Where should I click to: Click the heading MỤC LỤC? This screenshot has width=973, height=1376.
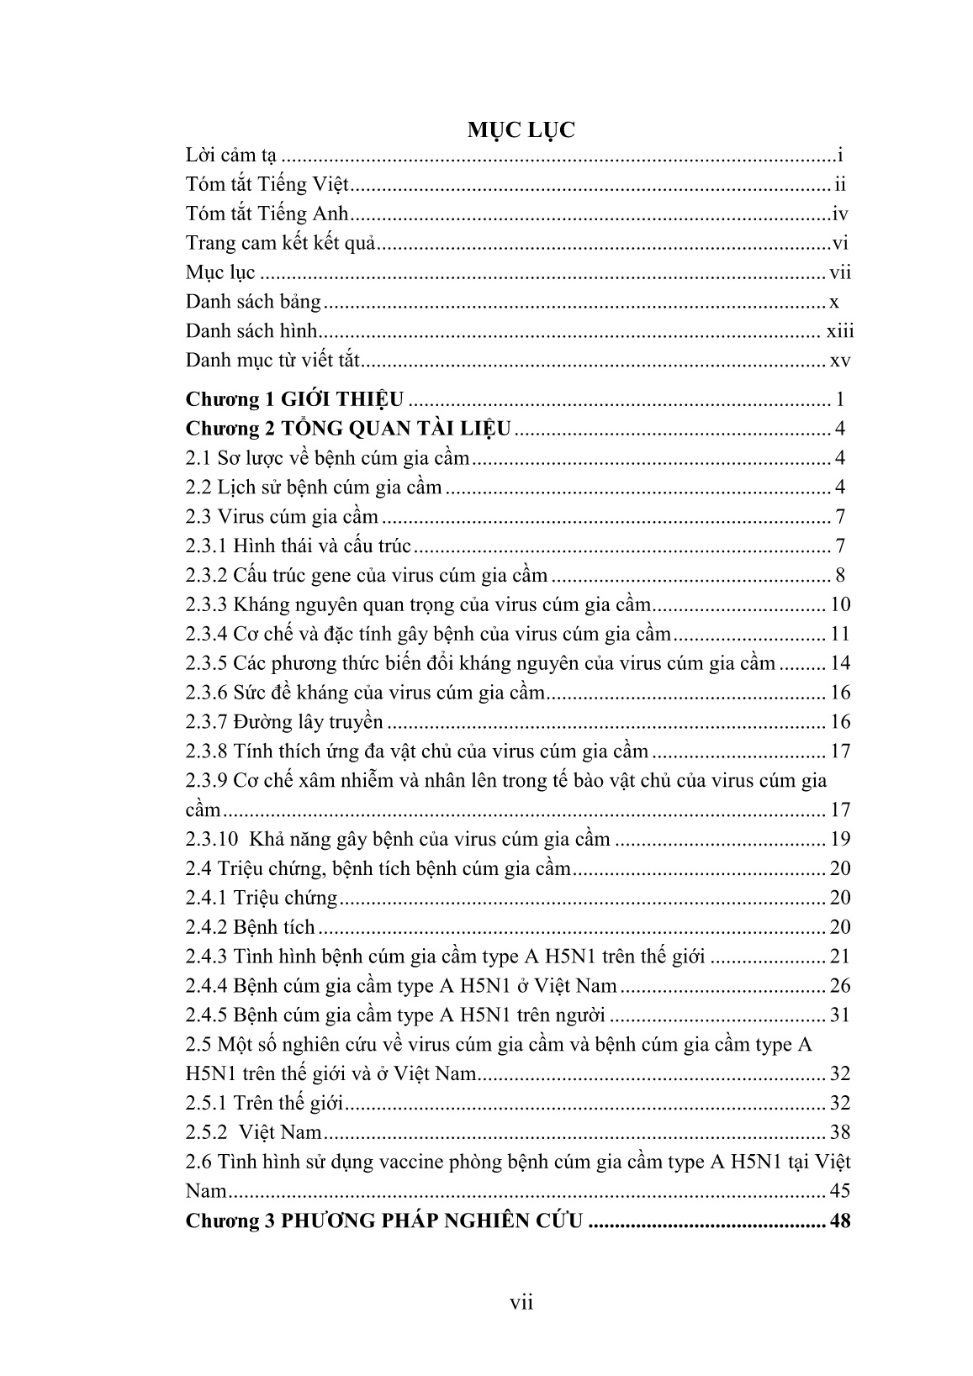pyautogui.click(x=521, y=129)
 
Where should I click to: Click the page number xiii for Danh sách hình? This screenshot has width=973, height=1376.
pyautogui.click(x=839, y=331)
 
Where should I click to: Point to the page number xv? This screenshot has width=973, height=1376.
pyautogui.click(x=840, y=361)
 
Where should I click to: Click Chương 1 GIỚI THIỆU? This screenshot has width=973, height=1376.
pyautogui.click(x=294, y=399)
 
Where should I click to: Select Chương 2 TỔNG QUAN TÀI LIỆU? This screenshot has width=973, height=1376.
pyautogui.click(x=347, y=429)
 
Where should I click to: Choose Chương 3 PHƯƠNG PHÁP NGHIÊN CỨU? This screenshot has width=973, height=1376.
pyautogui.click(x=384, y=1220)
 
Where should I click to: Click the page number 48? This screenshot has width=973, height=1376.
pyautogui.click(x=840, y=1220)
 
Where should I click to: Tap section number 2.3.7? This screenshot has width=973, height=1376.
pyautogui.click(x=206, y=722)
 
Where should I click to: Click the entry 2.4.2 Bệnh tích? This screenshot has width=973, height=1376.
pyautogui.click(x=250, y=927)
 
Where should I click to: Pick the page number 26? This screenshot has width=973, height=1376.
pyautogui.click(x=840, y=986)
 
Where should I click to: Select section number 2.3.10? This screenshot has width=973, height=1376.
pyautogui.click(x=210, y=839)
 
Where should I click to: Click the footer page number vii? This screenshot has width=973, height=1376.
pyautogui.click(x=521, y=1303)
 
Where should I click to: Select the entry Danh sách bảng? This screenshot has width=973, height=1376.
pyautogui.click(x=253, y=302)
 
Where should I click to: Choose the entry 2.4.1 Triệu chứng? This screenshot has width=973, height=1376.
pyautogui.click(x=261, y=898)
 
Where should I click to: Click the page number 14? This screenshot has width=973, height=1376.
pyautogui.click(x=840, y=663)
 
